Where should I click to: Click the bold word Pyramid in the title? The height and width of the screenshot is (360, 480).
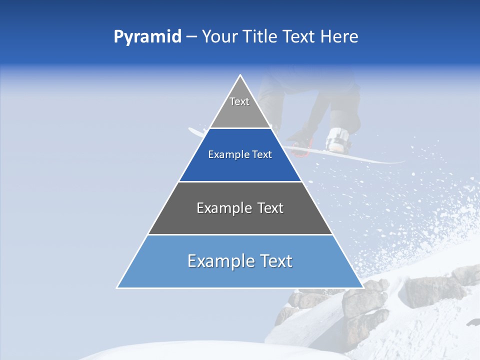(x=147, y=37)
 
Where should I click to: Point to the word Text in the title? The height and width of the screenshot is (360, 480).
(x=299, y=37)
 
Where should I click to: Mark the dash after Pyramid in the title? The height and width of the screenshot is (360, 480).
(x=191, y=37)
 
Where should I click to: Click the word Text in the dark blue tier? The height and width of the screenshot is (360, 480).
(x=262, y=155)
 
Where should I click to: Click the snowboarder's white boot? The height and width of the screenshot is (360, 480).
(x=337, y=139)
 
